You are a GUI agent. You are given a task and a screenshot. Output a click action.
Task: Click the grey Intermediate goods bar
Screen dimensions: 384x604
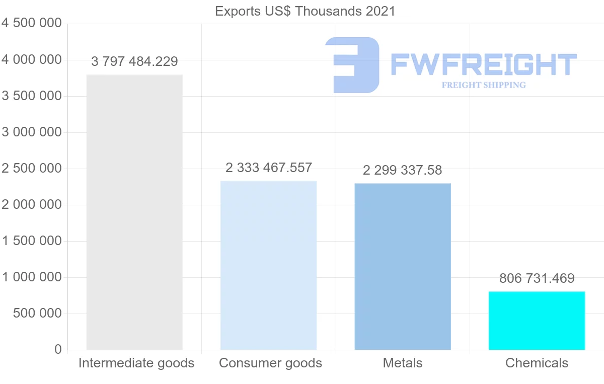134,212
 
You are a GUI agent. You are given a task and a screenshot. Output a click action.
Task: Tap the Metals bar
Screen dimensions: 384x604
403,266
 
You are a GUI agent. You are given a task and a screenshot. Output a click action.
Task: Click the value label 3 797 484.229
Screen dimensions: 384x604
134,62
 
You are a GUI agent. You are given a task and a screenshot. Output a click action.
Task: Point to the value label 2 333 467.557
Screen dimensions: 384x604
269,168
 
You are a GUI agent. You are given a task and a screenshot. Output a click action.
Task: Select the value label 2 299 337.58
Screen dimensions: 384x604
402,171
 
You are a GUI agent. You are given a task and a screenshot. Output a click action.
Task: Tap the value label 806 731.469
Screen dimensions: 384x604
537,278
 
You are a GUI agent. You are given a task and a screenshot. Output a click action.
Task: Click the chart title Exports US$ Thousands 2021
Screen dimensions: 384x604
305,11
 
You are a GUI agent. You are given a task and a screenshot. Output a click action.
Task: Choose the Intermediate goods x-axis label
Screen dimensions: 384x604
136,363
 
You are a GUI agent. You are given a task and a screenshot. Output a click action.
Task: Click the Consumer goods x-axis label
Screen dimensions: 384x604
270,363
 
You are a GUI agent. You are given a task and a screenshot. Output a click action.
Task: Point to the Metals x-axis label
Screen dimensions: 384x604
403,363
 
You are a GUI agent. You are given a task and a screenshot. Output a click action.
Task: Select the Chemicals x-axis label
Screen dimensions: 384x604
537,363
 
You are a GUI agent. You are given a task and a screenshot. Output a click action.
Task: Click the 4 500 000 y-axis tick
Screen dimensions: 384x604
31,23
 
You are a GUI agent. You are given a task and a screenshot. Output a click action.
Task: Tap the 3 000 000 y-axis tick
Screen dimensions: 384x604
31,132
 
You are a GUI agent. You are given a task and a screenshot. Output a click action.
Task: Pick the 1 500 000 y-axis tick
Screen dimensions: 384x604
31,241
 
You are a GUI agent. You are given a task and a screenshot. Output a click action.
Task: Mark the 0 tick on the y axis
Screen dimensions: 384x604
58,350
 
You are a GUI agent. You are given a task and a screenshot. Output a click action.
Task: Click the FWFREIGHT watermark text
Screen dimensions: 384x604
483,64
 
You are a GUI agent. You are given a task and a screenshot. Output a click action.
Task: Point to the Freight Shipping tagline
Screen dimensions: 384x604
484,85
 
